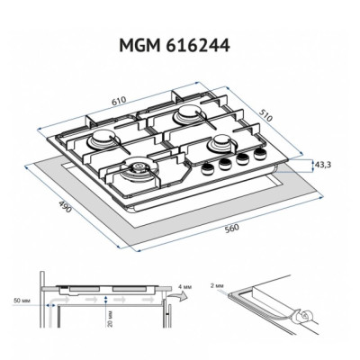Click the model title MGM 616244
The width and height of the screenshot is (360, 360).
[x=175, y=46]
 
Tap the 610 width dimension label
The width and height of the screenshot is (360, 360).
[x=119, y=101]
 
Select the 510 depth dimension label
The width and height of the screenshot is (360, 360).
[x=265, y=115]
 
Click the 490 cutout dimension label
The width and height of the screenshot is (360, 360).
[x=65, y=207]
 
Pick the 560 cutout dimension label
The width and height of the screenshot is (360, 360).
[x=232, y=229]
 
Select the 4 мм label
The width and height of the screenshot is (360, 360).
[x=184, y=287]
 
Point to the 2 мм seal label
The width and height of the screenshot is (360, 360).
[x=217, y=285]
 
